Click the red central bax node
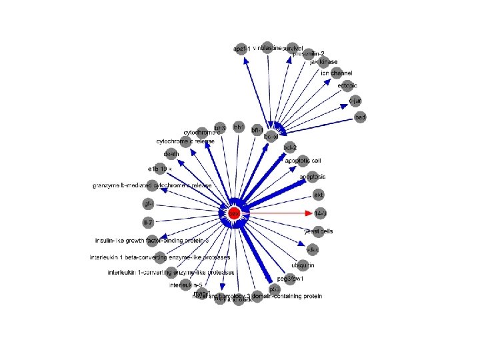pyautogui.click(x=234, y=213)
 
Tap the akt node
pyautogui.click(x=319, y=195)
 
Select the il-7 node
pyautogui.click(x=148, y=221)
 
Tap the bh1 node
pyautogui.click(x=239, y=127)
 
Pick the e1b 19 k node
pyautogui.click(x=160, y=169)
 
